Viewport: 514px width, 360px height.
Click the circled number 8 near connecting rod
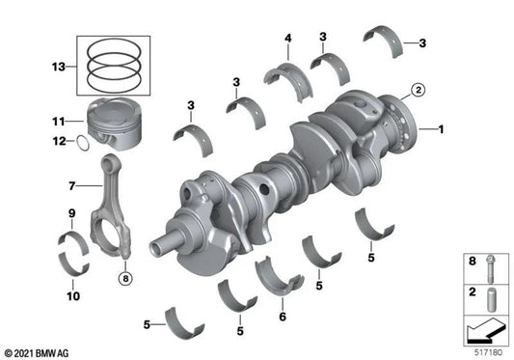pos(124,279)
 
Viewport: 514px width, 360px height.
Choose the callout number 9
pos(71,212)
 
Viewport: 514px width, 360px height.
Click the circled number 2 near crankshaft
pos(418,91)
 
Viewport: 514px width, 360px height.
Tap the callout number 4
pos(287,40)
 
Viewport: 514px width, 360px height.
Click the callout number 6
pos(282,316)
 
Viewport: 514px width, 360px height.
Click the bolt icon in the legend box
pos(490,264)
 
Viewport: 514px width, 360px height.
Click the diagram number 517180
pos(489,352)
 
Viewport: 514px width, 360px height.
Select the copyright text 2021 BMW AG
pos(36,352)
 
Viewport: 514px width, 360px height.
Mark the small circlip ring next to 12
pos(85,144)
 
